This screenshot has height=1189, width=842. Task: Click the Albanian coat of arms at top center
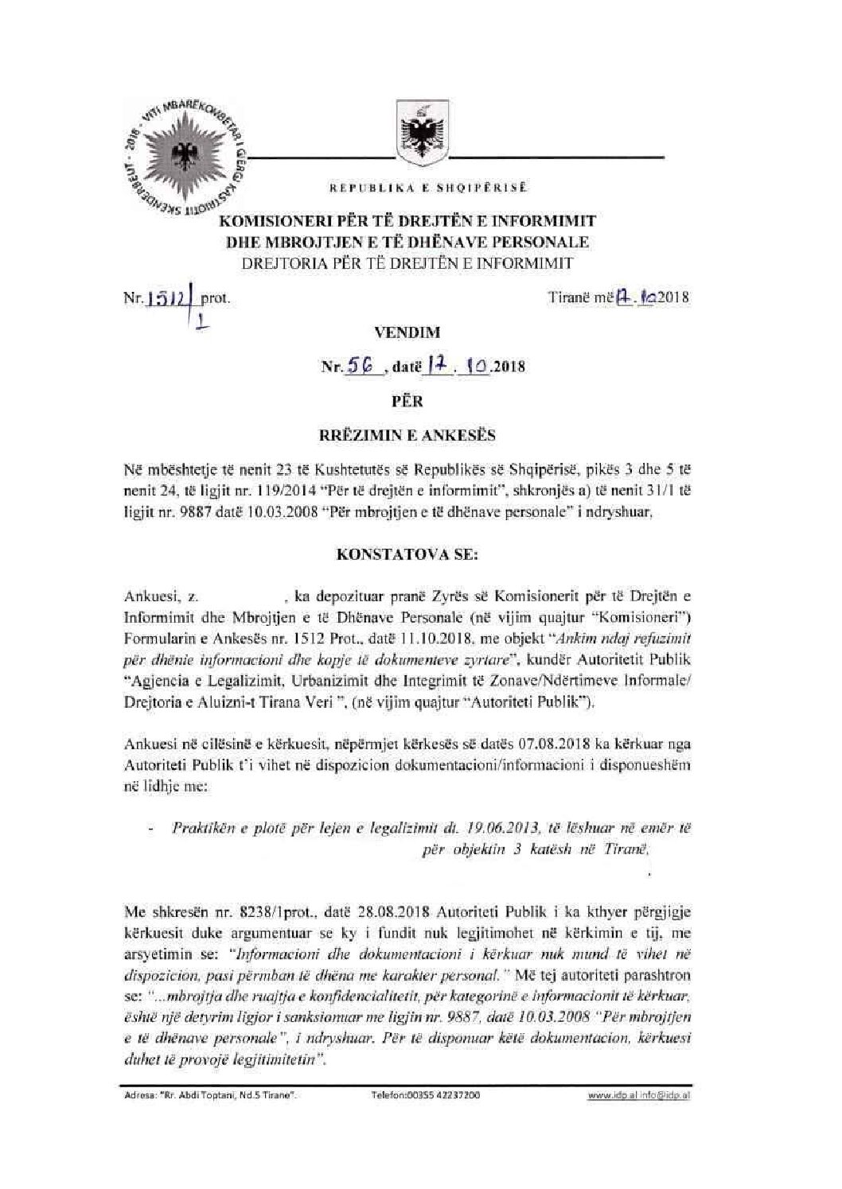click(419, 130)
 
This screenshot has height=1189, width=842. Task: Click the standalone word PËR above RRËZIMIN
click(420, 401)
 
